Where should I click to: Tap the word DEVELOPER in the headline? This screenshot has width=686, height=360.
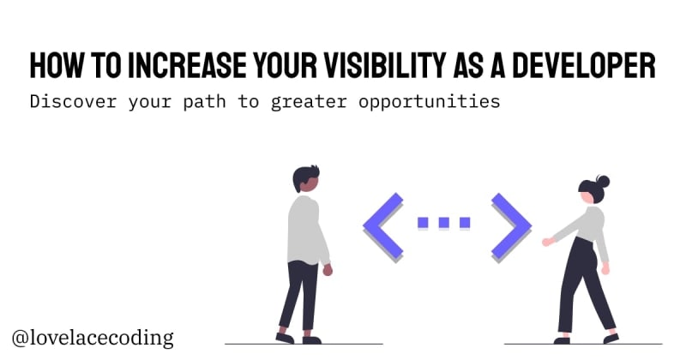click(584, 66)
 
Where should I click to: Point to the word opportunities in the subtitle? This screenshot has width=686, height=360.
click(430, 102)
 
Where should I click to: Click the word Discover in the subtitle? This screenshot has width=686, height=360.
click(74, 101)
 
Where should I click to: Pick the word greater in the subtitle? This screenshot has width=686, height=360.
click(309, 102)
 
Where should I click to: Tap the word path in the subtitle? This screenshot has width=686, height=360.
click(204, 102)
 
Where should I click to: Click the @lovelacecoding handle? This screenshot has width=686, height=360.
click(93, 338)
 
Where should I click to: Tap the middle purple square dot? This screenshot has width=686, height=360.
click(443, 222)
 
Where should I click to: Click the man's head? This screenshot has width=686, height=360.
click(306, 178)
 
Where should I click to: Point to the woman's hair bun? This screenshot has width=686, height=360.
click(603, 181)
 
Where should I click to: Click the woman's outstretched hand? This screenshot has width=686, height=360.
click(548, 242)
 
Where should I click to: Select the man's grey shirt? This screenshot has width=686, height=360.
click(306, 231)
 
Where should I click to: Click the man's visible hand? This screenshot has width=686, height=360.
click(328, 270)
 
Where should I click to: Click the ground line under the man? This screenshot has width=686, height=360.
click(304, 345)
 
